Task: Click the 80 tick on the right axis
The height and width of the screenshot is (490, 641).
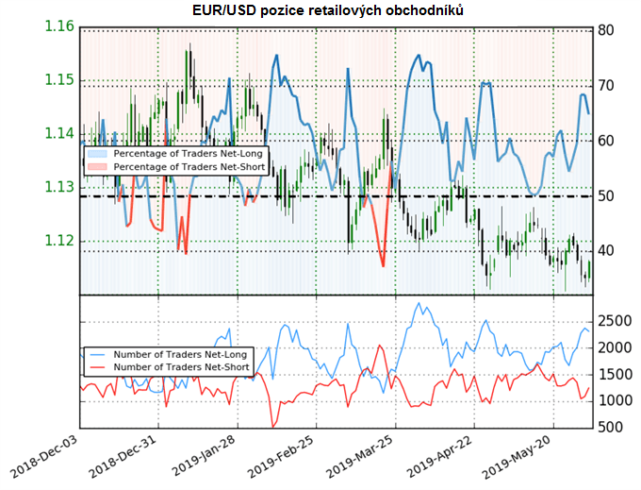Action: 608,30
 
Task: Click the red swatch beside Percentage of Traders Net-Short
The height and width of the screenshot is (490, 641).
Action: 98,166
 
